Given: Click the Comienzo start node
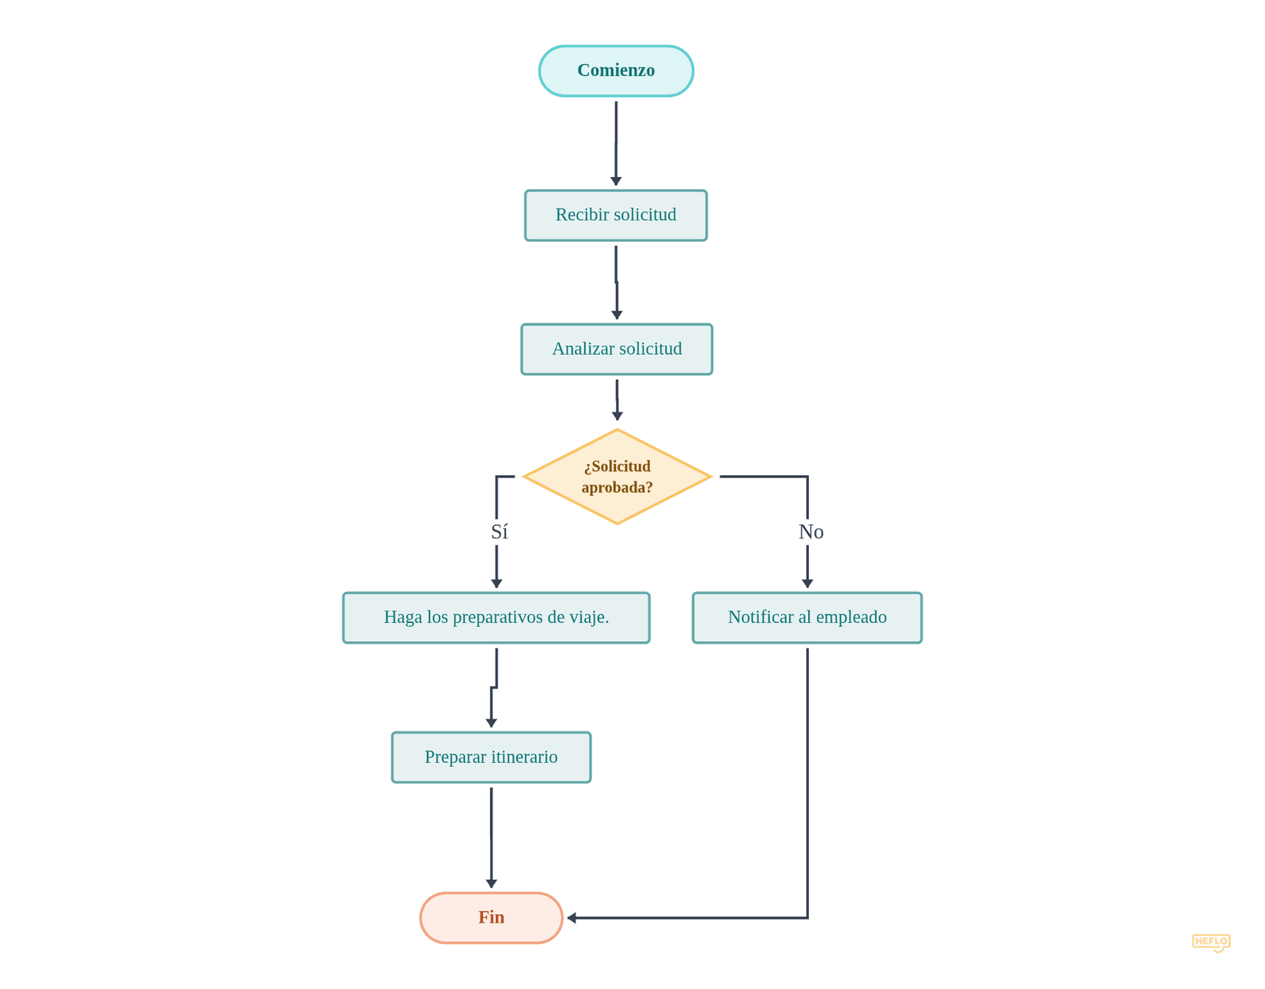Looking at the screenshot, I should (616, 71).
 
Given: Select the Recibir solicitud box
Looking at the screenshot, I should (616, 215).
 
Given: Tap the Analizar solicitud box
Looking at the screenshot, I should (617, 349).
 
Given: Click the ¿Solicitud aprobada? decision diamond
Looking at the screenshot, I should (617, 477).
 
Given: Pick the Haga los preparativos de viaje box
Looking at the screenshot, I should (496, 617).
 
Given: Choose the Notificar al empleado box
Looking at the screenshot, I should (806, 617).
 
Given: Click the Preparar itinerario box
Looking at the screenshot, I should (491, 757).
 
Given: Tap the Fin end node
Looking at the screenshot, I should (491, 918).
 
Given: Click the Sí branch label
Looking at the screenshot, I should (499, 532).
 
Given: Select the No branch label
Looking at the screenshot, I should (810, 532).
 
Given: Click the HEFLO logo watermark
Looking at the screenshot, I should (1211, 942).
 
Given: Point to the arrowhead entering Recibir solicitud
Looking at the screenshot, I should (616, 182).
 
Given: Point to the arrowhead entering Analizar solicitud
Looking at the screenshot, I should (617, 315).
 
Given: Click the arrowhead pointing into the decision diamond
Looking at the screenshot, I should (617, 417).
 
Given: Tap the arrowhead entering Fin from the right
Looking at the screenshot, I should (572, 918).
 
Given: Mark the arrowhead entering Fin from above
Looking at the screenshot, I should (491, 884).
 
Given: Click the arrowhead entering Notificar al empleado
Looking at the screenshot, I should (807, 583).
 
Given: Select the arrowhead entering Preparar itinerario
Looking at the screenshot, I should (491, 723).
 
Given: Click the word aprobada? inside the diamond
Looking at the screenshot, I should (617, 488).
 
